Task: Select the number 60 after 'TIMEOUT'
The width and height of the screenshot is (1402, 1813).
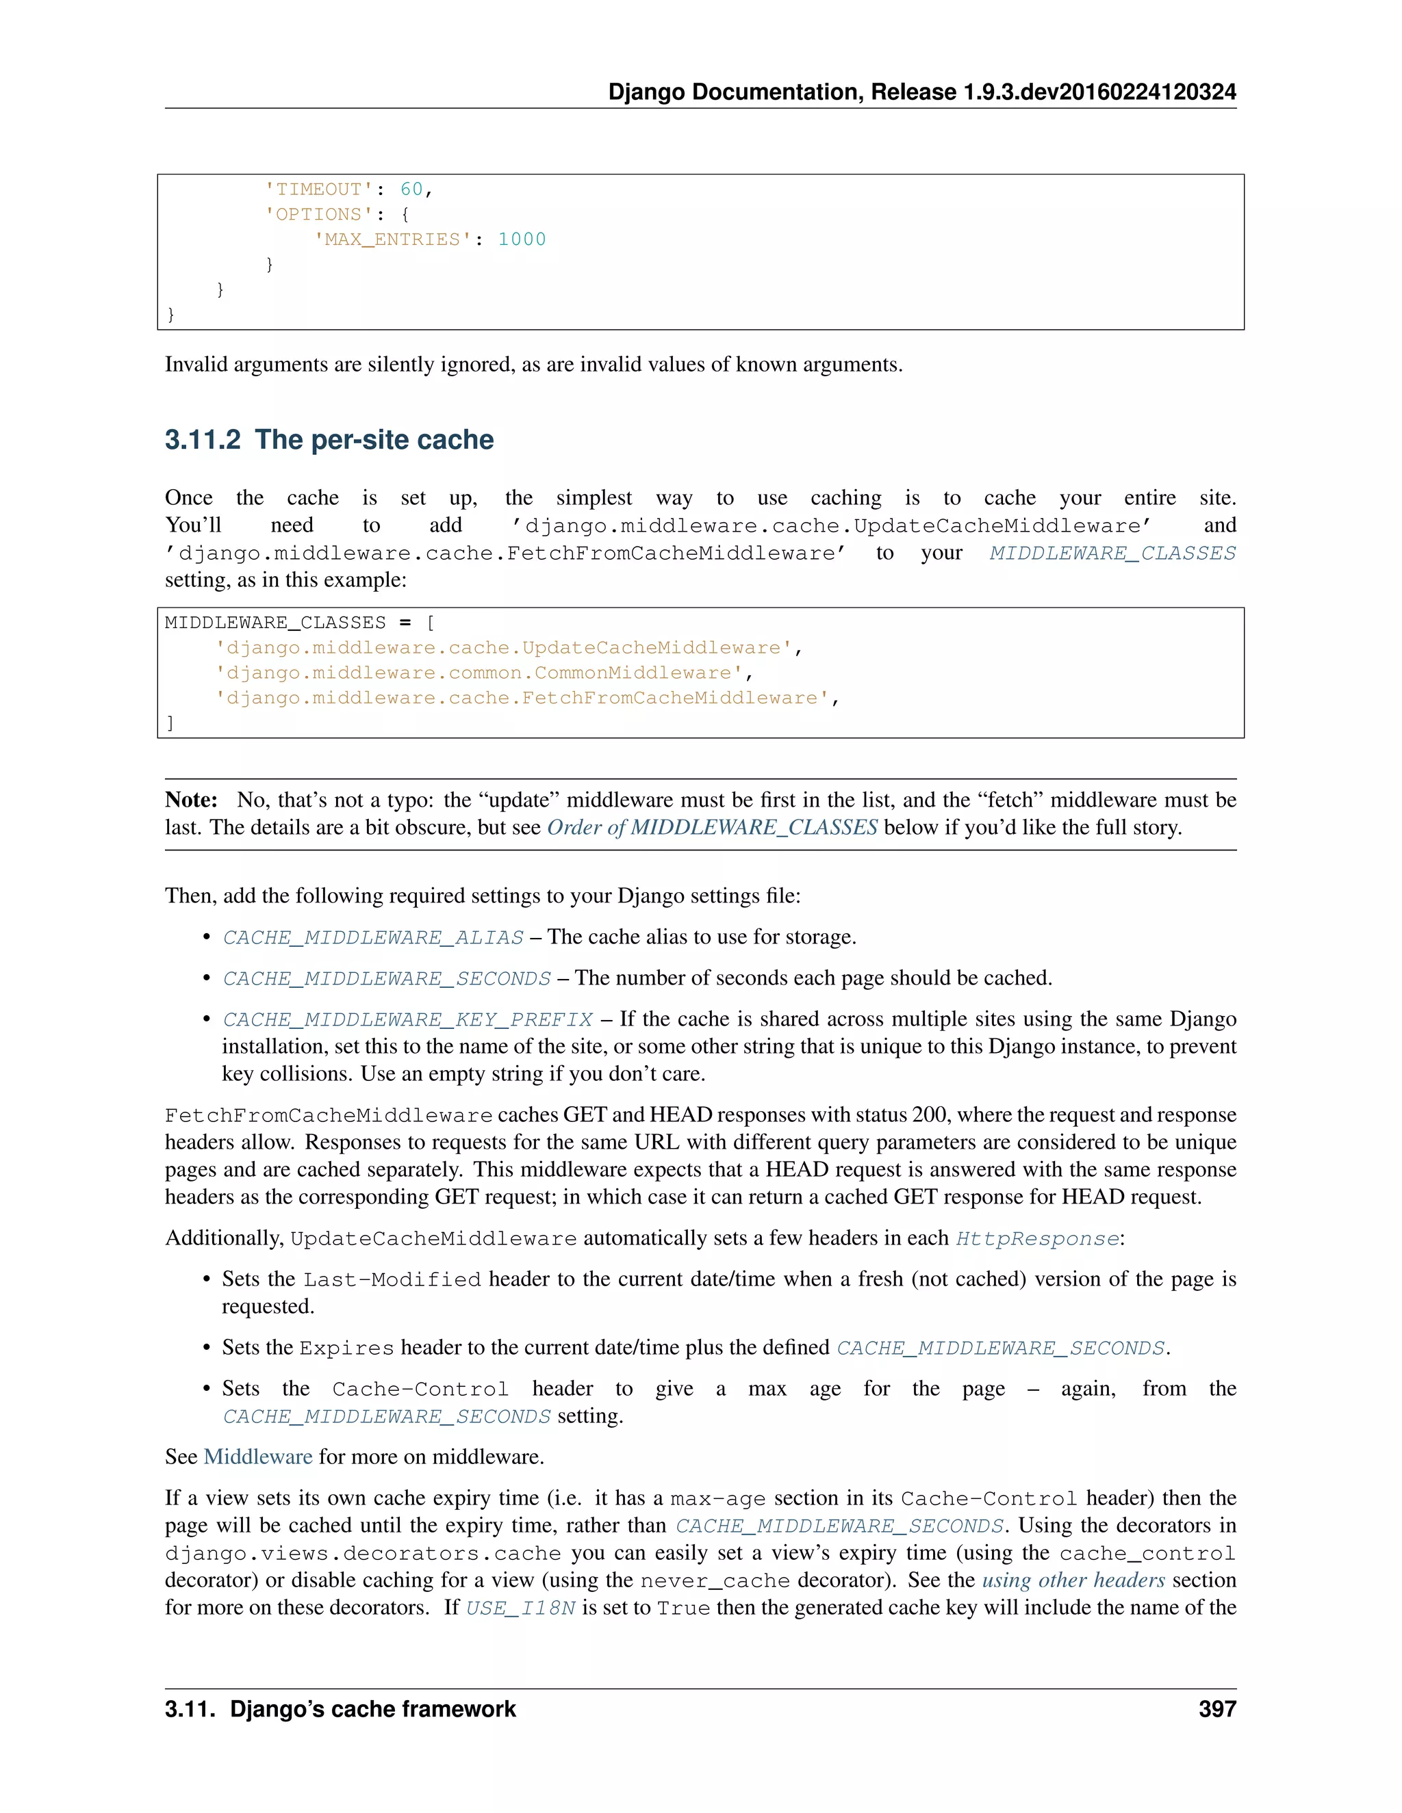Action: (x=411, y=190)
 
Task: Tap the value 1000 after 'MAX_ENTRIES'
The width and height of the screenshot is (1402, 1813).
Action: (x=522, y=239)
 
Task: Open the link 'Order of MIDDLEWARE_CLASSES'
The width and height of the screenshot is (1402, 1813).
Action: (x=712, y=827)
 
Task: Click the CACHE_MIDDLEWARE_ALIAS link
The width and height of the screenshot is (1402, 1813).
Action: (x=373, y=937)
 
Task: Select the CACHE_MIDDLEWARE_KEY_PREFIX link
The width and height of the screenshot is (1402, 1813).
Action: (x=407, y=1019)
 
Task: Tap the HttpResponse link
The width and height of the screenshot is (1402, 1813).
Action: (x=1036, y=1238)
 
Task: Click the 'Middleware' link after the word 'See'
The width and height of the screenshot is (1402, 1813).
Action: (x=257, y=1457)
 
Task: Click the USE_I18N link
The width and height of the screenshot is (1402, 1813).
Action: (x=520, y=1608)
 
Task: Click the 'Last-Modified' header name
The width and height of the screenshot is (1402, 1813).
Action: (x=392, y=1279)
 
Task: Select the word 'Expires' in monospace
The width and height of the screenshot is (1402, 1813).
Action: (x=346, y=1348)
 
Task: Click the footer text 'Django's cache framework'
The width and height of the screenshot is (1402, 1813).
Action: (x=373, y=1709)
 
